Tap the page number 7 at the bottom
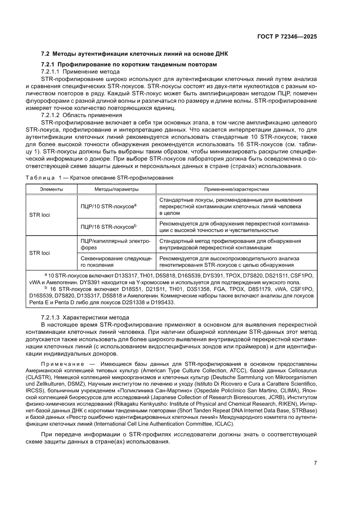(315, 463)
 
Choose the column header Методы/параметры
(116, 189)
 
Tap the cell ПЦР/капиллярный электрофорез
(116, 244)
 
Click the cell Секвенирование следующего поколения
(116, 262)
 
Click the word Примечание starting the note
(61, 364)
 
